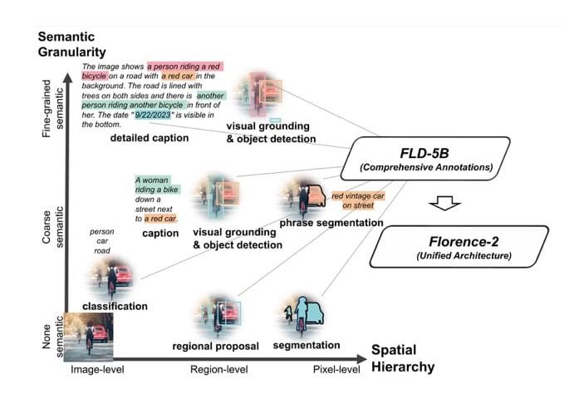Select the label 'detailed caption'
tap(150, 137)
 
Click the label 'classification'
tap(115, 306)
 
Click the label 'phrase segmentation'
tap(331, 223)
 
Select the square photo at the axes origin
tap(89, 334)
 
